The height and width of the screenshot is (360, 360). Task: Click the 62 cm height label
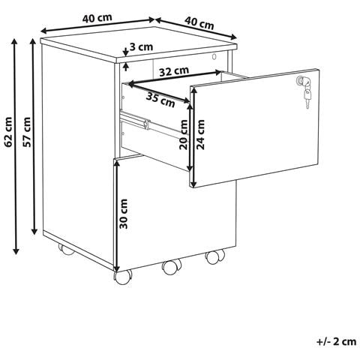pyautogui.click(x=8, y=132)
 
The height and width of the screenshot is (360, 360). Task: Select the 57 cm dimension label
pyautogui.click(x=26, y=132)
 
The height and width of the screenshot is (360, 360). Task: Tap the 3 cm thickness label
pyautogui.click(x=141, y=46)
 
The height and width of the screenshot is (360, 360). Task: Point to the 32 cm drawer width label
pyautogui.click(x=174, y=71)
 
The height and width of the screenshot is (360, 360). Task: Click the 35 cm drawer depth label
pyautogui.click(x=160, y=100)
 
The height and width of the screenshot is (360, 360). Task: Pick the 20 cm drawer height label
pyautogui.click(x=184, y=134)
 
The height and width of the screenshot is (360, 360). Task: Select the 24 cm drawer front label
pyautogui.click(x=200, y=134)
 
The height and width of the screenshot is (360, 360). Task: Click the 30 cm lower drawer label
pyautogui.click(x=124, y=214)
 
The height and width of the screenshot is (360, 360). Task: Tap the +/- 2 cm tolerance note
pyautogui.click(x=337, y=341)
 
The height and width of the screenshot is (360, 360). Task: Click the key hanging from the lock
pyautogui.click(x=307, y=97)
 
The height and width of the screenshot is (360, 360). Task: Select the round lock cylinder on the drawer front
pyautogui.click(x=301, y=80)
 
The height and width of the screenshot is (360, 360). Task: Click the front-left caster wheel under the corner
pyautogui.click(x=123, y=277)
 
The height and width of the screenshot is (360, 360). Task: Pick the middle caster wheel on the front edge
pyautogui.click(x=172, y=267)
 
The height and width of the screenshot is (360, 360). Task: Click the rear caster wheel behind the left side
pyautogui.click(x=65, y=249)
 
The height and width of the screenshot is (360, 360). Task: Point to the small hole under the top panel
pyautogui.click(x=214, y=56)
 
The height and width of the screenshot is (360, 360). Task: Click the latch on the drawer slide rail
pyautogui.click(x=146, y=124)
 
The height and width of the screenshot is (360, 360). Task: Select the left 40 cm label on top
pyautogui.click(x=97, y=19)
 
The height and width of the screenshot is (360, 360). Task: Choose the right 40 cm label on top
pyautogui.click(x=199, y=23)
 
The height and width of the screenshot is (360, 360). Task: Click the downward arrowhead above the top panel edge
pyautogui.click(x=126, y=53)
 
